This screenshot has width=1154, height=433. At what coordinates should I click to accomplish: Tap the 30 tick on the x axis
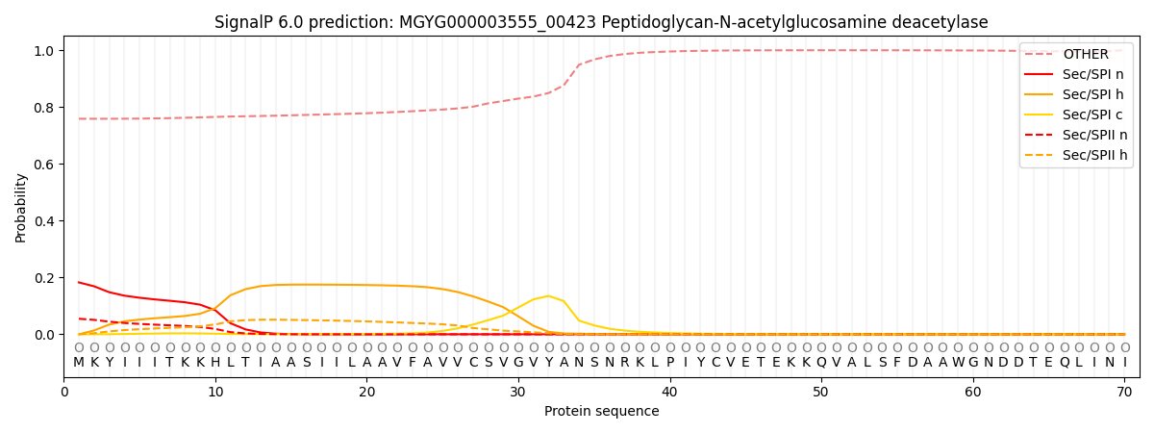click(x=518, y=392)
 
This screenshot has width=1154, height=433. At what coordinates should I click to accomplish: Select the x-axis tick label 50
click(x=821, y=392)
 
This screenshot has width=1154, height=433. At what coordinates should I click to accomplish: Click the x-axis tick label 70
click(x=1124, y=392)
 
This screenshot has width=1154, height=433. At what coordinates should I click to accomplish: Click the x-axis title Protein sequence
click(x=602, y=412)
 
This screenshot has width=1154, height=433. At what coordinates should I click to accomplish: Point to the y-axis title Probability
click(x=21, y=208)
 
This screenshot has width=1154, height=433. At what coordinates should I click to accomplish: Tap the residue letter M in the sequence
click(x=79, y=363)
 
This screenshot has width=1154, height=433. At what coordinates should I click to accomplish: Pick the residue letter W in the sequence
click(x=958, y=363)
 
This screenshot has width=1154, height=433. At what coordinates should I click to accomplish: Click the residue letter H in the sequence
click(x=215, y=363)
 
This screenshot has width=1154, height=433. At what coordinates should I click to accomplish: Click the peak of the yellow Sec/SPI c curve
click(x=548, y=295)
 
